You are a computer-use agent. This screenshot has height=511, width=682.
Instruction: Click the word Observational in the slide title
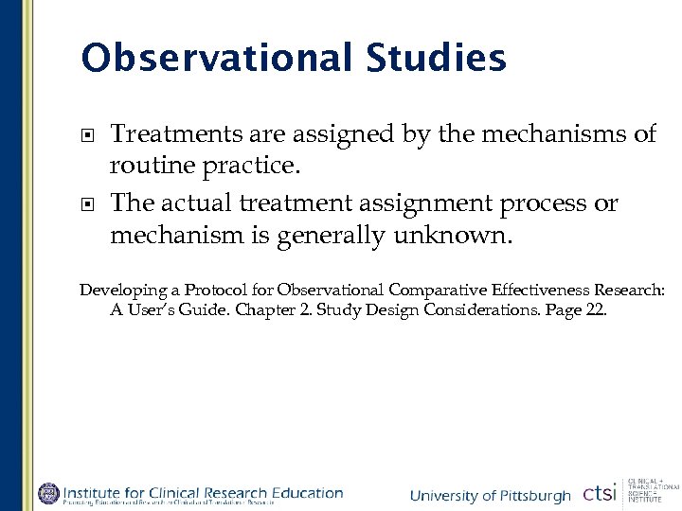pyautogui.click(x=217, y=58)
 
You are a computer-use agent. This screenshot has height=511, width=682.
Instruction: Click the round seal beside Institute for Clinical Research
pyautogui.click(x=48, y=493)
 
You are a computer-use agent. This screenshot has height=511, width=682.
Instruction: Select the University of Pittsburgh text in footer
pyautogui.click(x=490, y=496)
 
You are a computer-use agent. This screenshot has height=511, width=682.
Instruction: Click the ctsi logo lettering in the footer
pyautogui.click(x=600, y=493)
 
